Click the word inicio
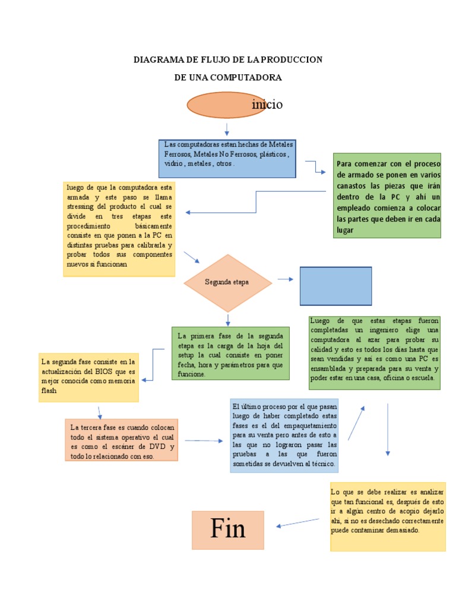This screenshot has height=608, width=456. coord(267,105)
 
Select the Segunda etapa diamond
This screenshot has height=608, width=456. coord(227,283)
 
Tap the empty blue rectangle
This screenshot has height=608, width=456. coord(335,286)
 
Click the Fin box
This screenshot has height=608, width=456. coord(227,529)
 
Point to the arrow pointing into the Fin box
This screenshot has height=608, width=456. coord(298,522)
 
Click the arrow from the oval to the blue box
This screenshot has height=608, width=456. coord(227,128)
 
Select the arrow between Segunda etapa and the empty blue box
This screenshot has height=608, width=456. coord(285,279)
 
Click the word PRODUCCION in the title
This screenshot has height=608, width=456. coord(292,59)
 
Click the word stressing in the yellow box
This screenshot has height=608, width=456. coord(81,206)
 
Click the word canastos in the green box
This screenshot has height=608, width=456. coord(353,185)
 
